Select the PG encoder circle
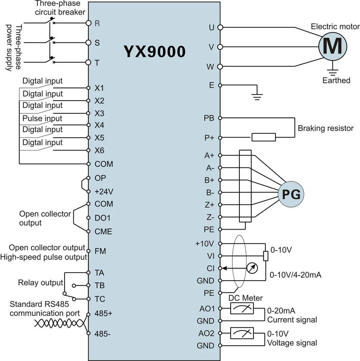(x=291, y=195)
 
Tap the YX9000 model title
(x=154, y=52)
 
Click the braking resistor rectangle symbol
(x=264, y=137)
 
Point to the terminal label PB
(x=209, y=119)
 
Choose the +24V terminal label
(x=104, y=192)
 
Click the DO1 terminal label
(x=103, y=218)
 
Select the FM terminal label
(x=101, y=251)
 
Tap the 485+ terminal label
(x=103, y=313)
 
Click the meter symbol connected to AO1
(x=242, y=308)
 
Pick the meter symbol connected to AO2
(x=242, y=333)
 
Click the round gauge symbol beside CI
(x=252, y=268)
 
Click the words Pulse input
(x=42, y=119)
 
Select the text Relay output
(x=40, y=283)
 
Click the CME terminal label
(x=104, y=232)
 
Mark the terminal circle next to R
(x=89, y=23)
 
